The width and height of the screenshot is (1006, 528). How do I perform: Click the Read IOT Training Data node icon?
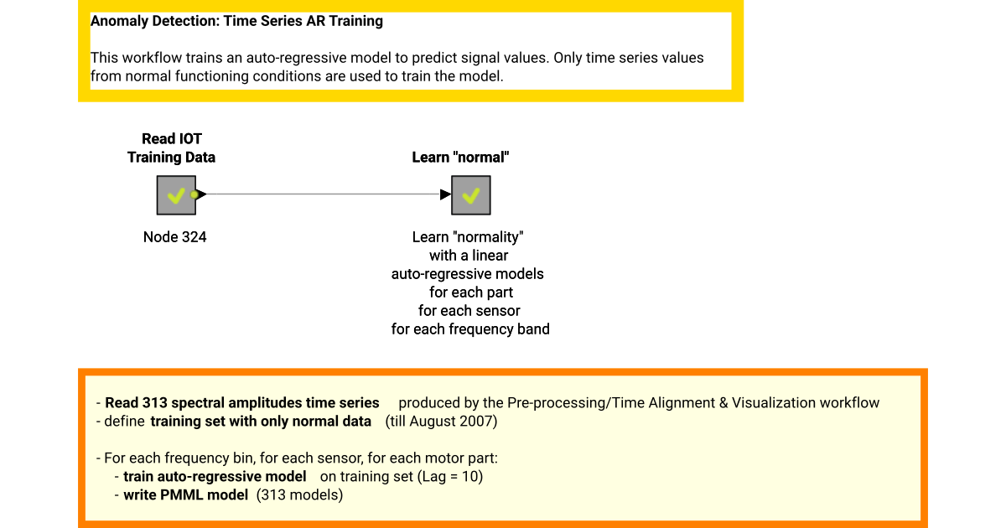(176, 195)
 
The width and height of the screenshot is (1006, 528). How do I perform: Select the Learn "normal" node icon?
(470, 195)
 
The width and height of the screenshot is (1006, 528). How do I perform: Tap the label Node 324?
(174, 237)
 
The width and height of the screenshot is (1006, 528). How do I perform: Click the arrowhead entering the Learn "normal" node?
(445, 194)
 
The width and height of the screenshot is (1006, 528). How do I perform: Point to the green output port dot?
(194, 194)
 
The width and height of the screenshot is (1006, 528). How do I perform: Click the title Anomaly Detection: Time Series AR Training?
(236, 21)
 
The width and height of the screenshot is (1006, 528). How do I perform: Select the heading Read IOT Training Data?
(171, 148)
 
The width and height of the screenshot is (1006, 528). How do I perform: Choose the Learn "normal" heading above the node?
(460, 157)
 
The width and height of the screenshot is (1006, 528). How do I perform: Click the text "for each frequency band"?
(470, 329)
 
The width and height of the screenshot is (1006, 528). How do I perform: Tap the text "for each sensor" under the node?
(469, 311)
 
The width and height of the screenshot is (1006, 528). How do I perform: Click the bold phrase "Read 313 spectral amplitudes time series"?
(241, 403)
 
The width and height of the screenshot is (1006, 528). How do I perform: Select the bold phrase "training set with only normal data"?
(261, 422)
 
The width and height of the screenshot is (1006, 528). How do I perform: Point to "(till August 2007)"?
(441, 422)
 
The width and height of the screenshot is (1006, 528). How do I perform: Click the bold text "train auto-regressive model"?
(215, 477)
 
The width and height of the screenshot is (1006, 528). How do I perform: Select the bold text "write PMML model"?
(185, 495)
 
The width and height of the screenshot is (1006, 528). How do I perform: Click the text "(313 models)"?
(301, 495)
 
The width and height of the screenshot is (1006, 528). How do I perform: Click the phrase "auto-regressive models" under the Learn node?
(468, 274)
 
